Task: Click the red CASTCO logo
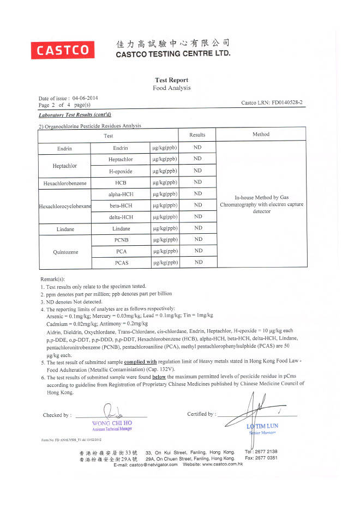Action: coord(63,50)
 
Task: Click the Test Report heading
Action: coord(171,80)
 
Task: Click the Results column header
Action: coord(197,135)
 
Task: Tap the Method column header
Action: coord(261,135)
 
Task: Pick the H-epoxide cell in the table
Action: coord(121,171)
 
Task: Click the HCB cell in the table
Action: coord(121,183)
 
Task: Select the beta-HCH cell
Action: coord(121,205)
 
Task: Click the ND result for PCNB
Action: coord(197,239)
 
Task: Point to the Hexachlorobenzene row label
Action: coord(64,183)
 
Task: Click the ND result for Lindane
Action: coord(197,228)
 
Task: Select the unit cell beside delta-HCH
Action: coord(165,217)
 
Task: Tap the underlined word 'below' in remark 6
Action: coord(159,376)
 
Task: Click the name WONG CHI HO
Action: coord(112,423)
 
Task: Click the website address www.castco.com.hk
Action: coord(222,464)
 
